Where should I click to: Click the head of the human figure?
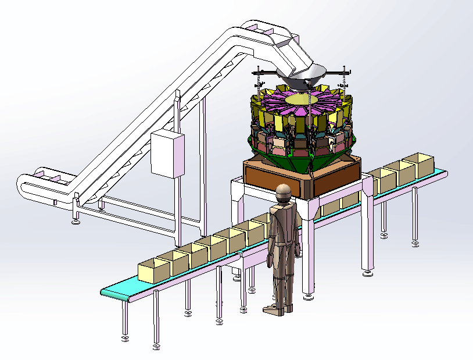[x=283, y=194]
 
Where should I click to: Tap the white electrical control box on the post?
[x=167, y=154]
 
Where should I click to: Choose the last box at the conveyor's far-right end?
[x=418, y=165]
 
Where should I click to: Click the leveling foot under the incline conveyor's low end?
[x=74, y=221]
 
